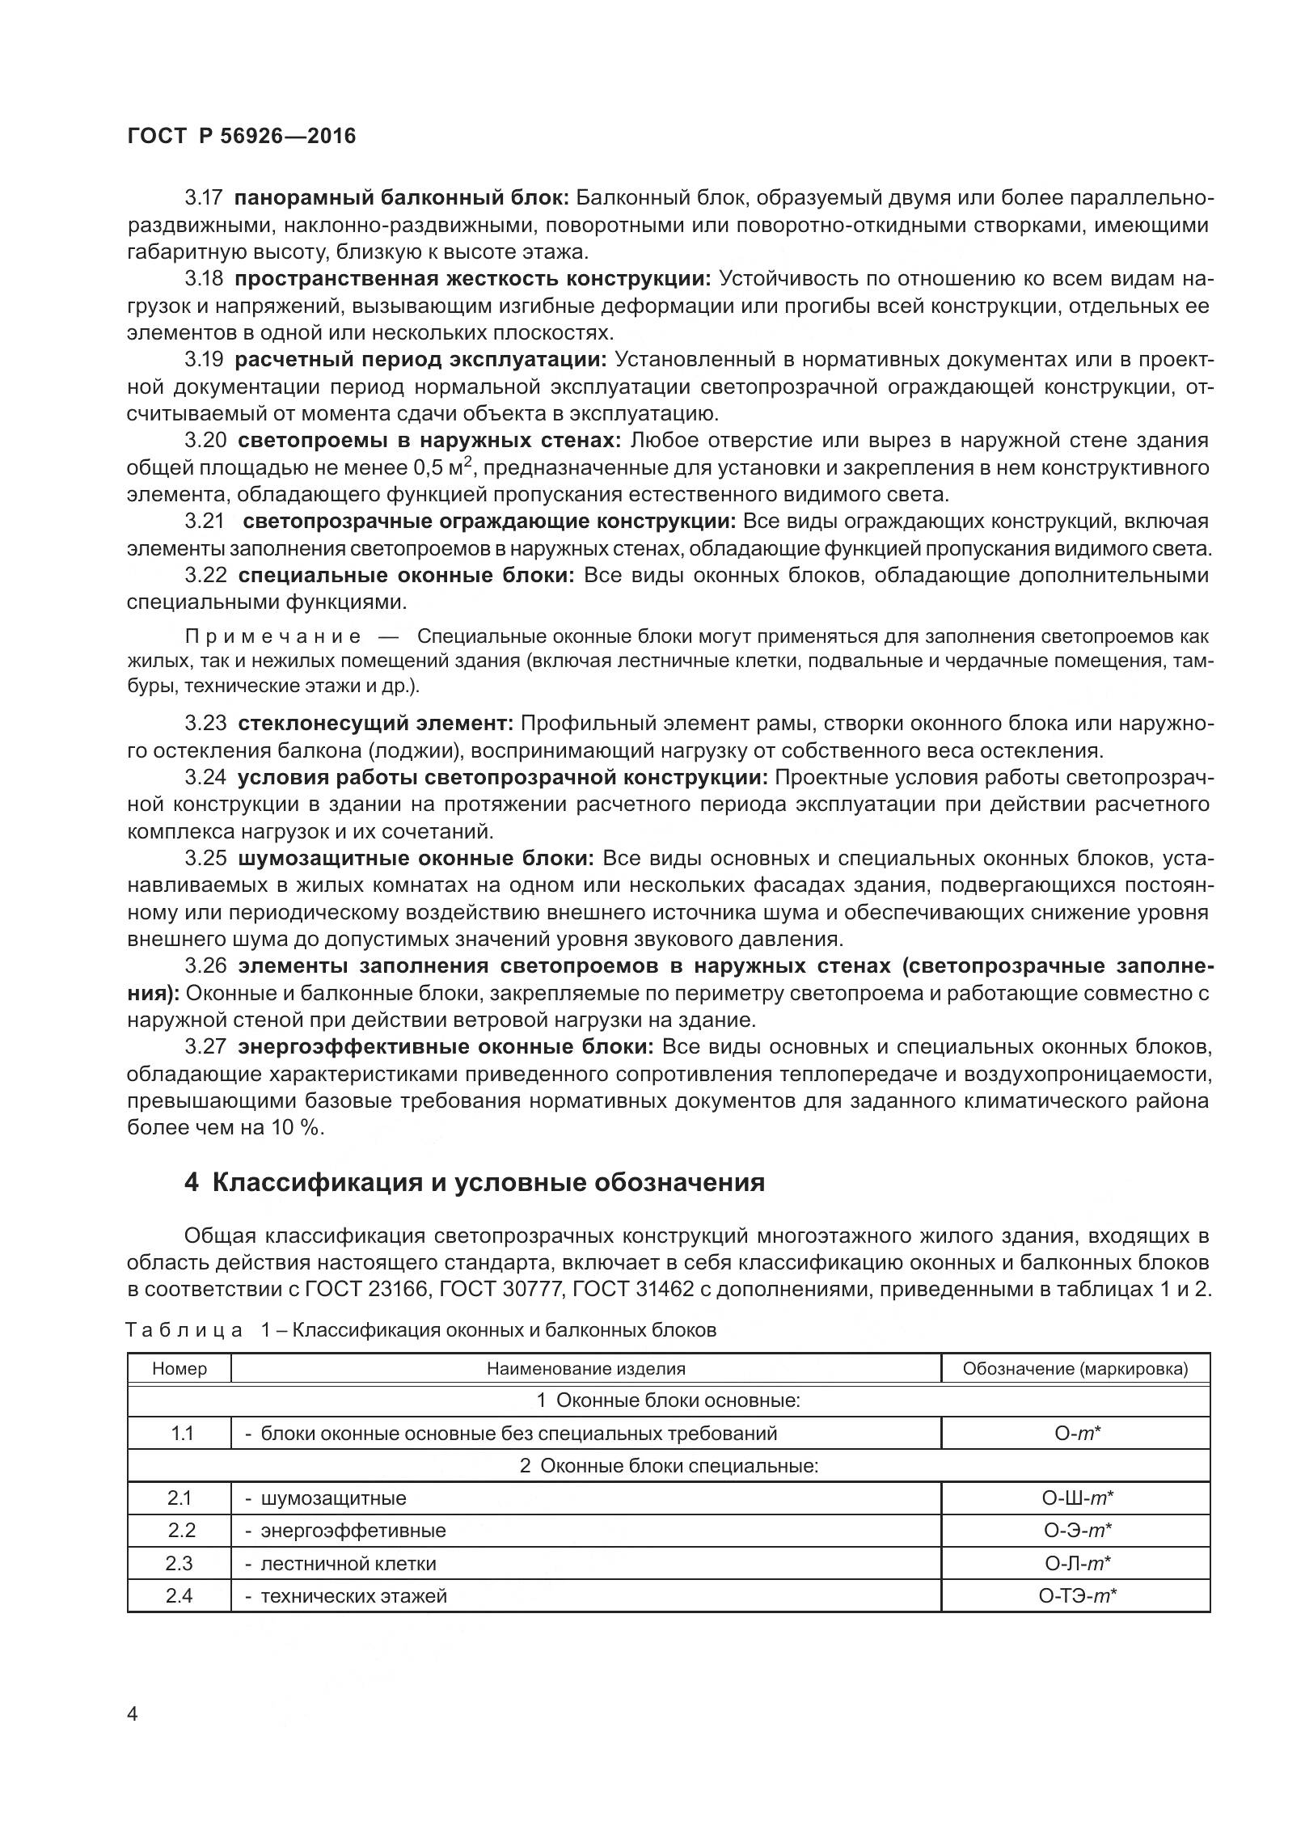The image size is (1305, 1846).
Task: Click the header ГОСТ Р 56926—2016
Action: pos(241,136)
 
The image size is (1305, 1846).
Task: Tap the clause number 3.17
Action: pos(205,198)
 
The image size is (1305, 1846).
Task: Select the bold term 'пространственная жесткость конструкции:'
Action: pos(473,279)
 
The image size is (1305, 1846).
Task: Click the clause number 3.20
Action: pos(205,441)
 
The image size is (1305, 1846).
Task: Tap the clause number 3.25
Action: pos(205,858)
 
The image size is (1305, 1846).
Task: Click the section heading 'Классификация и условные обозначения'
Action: pos(488,1183)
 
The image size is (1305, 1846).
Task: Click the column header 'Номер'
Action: pos(179,1369)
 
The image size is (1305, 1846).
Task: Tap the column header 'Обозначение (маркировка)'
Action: pos(1075,1369)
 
